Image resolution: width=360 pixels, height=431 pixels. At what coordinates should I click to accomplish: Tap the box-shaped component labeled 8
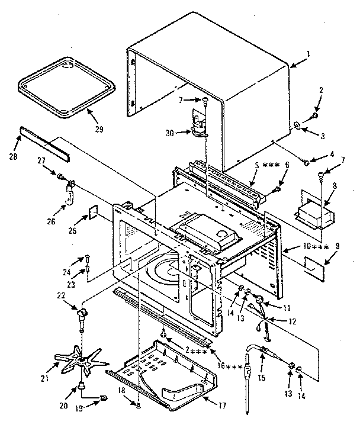314,208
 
